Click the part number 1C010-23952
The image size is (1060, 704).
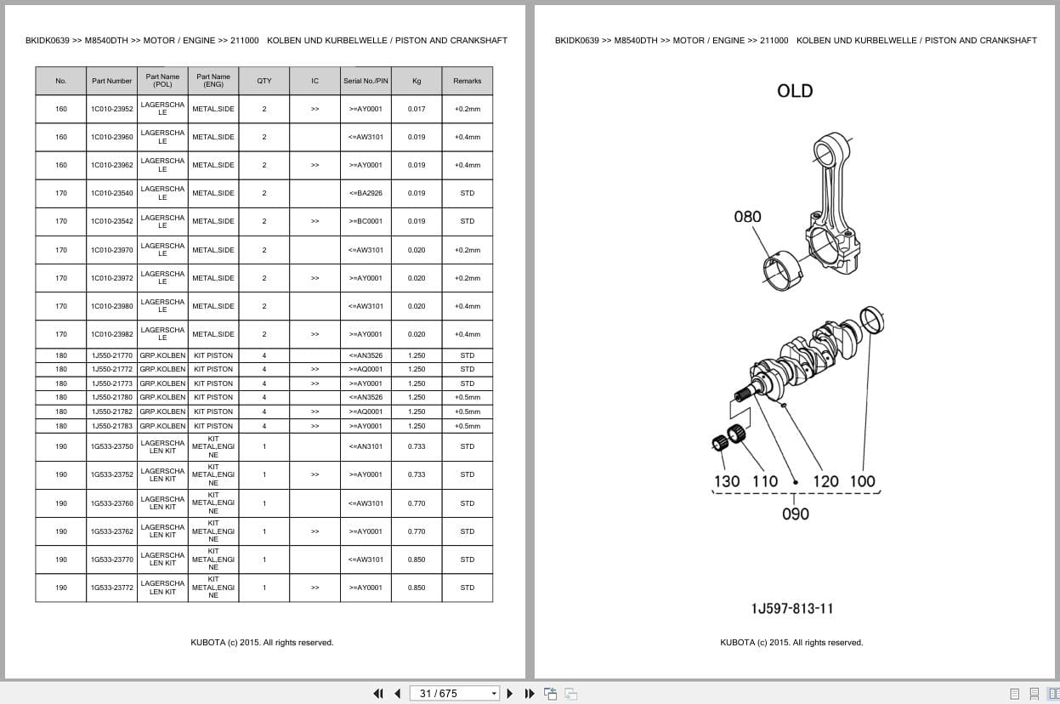111,109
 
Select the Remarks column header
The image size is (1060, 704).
467,81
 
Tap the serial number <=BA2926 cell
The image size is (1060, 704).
366,193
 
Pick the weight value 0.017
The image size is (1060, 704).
417,109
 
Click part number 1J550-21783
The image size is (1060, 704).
111,426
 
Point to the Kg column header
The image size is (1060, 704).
417,81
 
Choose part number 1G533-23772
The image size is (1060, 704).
111,588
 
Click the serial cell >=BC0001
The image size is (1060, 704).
366,221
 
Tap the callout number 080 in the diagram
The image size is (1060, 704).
747,217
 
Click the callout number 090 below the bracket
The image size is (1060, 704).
796,514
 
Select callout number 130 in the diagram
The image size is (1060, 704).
727,481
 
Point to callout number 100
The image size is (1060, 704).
862,481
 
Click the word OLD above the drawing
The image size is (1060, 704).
795,91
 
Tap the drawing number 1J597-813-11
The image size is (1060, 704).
792,609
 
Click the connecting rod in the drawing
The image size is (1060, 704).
834,203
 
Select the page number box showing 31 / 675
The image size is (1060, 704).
454,694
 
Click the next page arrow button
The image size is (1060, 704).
510,694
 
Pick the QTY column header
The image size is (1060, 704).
264,81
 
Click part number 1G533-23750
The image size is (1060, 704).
111,446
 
